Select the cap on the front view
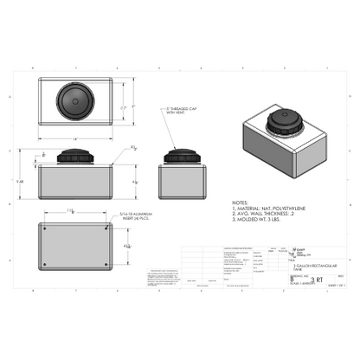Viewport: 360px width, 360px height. click(75, 155)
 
